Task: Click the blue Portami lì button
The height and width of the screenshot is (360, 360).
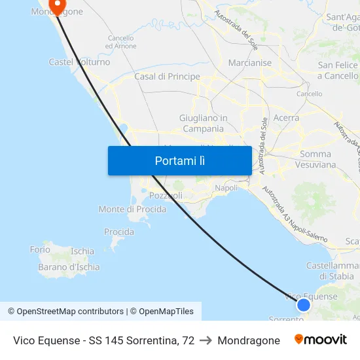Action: (x=179, y=160)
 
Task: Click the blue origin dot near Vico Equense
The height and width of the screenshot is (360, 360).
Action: (x=303, y=304)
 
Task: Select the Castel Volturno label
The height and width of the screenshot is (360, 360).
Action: (x=79, y=62)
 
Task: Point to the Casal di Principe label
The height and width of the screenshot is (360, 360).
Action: (x=167, y=77)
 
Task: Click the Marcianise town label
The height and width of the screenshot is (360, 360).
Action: (x=250, y=63)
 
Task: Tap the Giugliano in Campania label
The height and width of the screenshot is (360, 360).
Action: (x=203, y=123)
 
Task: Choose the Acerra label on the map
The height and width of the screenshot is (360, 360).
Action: (x=287, y=118)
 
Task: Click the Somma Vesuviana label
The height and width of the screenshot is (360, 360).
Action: (x=317, y=160)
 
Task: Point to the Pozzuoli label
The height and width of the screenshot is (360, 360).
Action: (x=166, y=196)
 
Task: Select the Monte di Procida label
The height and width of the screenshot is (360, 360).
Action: (x=132, y=209)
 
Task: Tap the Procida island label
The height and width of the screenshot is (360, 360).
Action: (x=119, y=232)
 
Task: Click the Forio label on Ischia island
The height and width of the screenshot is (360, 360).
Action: (x=40, y=249)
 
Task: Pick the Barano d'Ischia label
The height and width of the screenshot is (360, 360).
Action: (x=69, y=267)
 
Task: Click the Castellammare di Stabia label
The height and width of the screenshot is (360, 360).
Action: (x=333, y=271)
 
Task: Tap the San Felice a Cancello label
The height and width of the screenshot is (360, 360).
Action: (x=338, y=71)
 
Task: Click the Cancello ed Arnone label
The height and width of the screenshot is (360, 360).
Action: (x=120, y=42)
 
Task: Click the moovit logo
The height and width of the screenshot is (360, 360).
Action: (x=321, y=340)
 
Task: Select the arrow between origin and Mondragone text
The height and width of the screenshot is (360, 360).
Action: (x=206, y=340)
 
